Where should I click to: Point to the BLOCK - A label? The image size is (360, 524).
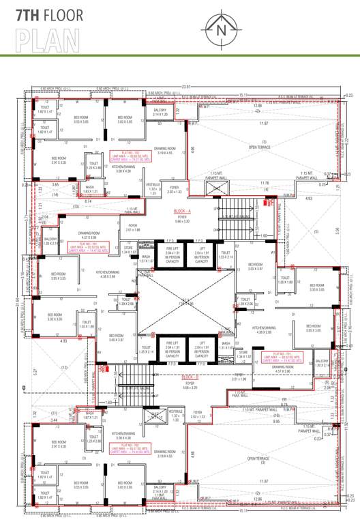[182, 212]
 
